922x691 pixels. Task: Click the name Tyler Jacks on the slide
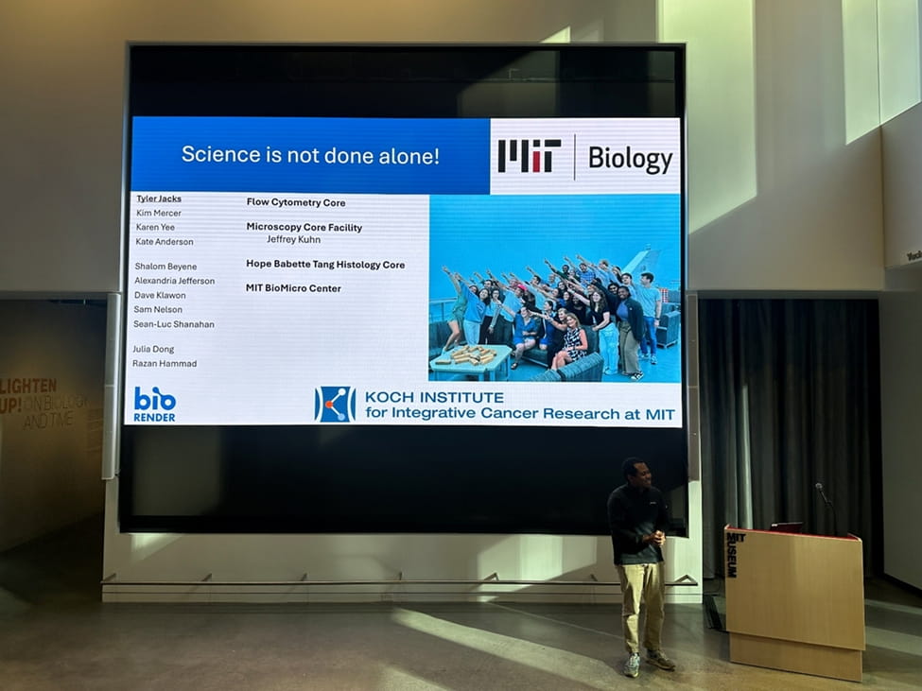[159, 199]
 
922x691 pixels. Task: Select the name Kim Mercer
[159, 213]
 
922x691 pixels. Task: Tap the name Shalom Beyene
[165, 267]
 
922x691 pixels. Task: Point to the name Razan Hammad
[165, 364]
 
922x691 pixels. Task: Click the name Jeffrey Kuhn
[293, 240]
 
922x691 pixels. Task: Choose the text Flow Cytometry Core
[296, 202]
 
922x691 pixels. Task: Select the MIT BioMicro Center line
[293, 288]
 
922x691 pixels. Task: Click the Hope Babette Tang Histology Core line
[325, 265]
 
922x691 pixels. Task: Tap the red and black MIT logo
[530, 156]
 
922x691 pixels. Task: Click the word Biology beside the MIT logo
[630, 159]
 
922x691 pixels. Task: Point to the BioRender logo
[154, 404]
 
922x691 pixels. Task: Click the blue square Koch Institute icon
[335, 404]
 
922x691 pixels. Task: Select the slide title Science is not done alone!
[310, 155]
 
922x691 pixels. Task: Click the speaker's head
[635, 471]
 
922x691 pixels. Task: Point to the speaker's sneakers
[649, 662]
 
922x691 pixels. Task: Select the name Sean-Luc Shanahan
[174, 324]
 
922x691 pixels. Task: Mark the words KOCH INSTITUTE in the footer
[434, 397]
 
